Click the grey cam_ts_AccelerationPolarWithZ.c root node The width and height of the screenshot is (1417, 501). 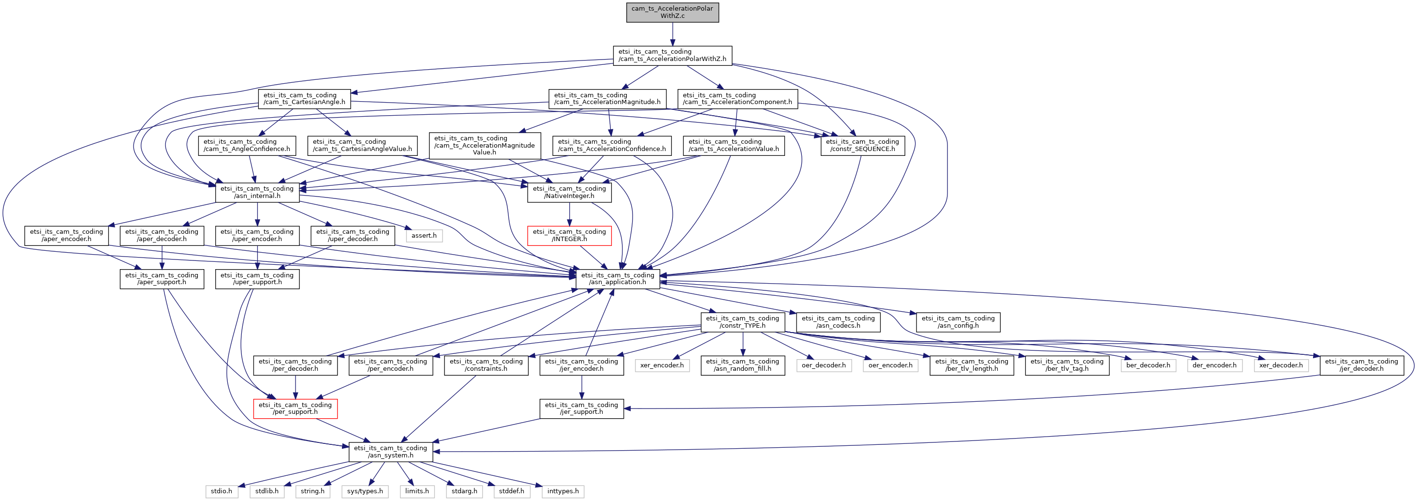[x=672, y=12]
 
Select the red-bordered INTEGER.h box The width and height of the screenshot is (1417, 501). [x=569, y=236]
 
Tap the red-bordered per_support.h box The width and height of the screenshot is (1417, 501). [x=295, y=409]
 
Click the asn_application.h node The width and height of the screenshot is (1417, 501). [x=618, y=279]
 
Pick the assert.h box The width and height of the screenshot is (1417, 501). [x=424, y=236]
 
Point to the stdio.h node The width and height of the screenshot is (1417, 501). [x=221, y=491]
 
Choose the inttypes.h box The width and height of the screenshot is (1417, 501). [x=563, y=491]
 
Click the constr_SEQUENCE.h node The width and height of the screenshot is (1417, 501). [x=862, y=145]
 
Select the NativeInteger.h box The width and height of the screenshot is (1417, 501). [x=569, y=192]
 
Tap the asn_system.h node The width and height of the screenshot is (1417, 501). [x=391, y=452]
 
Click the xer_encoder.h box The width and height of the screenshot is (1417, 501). [x=662, y=365]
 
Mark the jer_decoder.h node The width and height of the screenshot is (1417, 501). [x=1361, y=365]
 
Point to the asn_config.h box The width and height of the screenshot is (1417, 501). [x=958, y=322]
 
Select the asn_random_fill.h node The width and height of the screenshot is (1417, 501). [x=743, y=365]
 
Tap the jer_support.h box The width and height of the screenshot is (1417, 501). [x=581, y=409]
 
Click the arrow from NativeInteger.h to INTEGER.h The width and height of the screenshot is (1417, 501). [x=569, y=214]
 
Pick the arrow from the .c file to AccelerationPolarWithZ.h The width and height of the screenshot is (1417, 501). [x=672, y=34]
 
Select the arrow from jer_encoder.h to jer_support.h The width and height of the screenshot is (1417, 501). [x=581, y=387]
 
